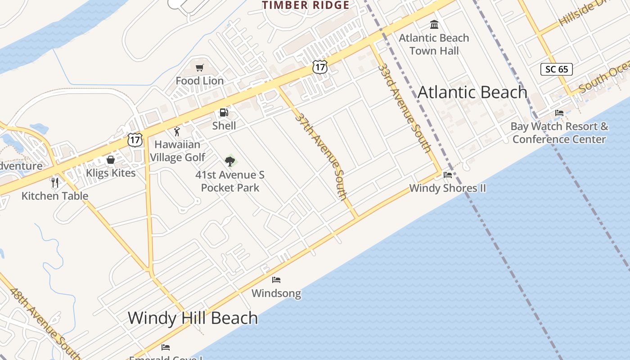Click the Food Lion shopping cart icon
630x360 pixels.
(x=199, y=68)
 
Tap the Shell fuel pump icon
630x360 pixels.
(x=224, y=112)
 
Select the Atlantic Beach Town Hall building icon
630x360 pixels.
(x=434, y=24)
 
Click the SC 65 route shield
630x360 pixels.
(x=557, y=69)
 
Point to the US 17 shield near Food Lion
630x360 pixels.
(x=320, y=67)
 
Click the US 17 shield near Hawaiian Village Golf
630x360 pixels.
(x=135, y=139)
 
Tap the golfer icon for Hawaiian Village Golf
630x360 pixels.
(x=177, y=131)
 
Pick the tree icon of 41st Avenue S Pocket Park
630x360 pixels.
(x=230, y=161)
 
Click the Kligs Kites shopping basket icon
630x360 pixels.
(x=110, y=160)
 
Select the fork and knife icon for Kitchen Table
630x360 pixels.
(x=55, y=182)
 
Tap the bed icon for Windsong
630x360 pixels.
(x=276, y=280)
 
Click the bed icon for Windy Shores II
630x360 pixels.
(x=448, y=175)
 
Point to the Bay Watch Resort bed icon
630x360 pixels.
(x=559, y=112)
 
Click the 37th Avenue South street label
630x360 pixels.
(x=321, y=156)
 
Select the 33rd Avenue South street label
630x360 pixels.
(x=405, y=108)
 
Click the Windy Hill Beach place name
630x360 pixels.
(x=193, y=318)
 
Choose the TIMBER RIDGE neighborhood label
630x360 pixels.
(x=306, y=5)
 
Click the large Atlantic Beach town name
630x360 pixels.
(x=472, y=92)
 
